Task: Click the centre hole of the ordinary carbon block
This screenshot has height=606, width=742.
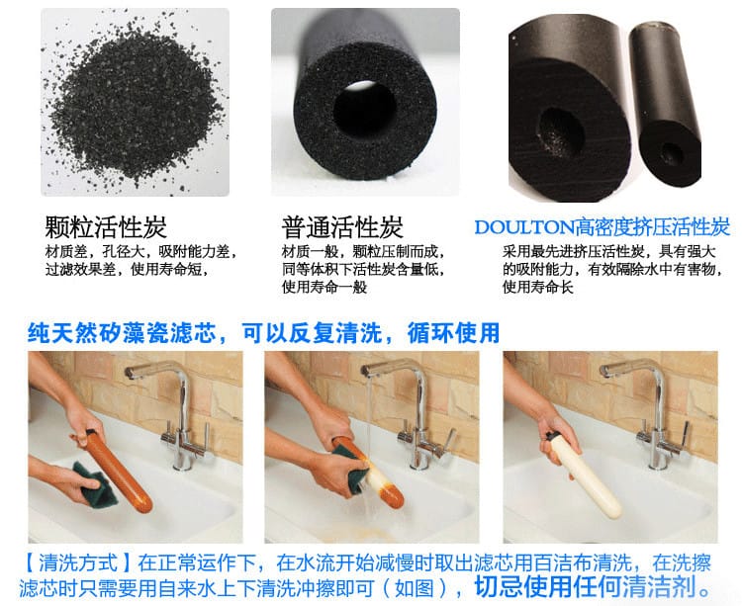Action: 364,108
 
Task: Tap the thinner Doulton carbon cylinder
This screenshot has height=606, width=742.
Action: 665,104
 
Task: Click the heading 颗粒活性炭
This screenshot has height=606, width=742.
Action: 106,227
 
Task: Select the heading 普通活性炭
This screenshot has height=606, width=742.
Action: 342,227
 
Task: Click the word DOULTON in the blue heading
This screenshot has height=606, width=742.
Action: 524,227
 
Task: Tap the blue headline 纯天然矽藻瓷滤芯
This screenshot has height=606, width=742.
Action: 122,333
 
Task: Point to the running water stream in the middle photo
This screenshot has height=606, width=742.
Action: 368,425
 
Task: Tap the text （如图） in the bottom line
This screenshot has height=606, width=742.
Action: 415,588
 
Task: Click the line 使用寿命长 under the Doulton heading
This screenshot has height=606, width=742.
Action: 537,287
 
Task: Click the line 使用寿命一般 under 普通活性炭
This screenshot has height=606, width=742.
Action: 325,287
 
